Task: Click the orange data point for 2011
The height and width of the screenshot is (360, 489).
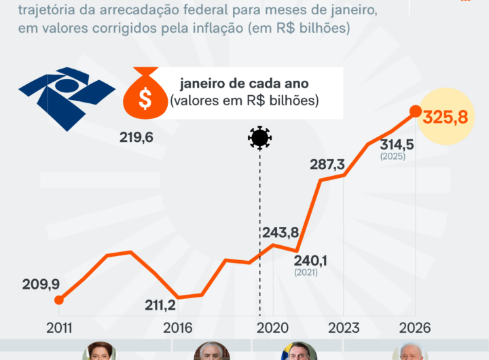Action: (59, 300)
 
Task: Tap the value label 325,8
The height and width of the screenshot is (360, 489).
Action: (445, 117)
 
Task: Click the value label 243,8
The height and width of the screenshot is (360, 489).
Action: (280, 232)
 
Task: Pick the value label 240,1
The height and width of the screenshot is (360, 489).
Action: (311, 260)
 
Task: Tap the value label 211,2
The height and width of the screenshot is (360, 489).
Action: (160, 305)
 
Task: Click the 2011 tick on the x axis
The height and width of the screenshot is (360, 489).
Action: (60, 327)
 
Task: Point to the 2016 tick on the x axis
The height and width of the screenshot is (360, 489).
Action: (178, 327)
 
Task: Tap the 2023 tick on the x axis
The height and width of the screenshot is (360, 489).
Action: (344, 327)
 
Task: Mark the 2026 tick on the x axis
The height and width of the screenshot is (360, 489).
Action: (415, 327)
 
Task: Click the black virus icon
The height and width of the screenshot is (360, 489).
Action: (259, 138)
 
